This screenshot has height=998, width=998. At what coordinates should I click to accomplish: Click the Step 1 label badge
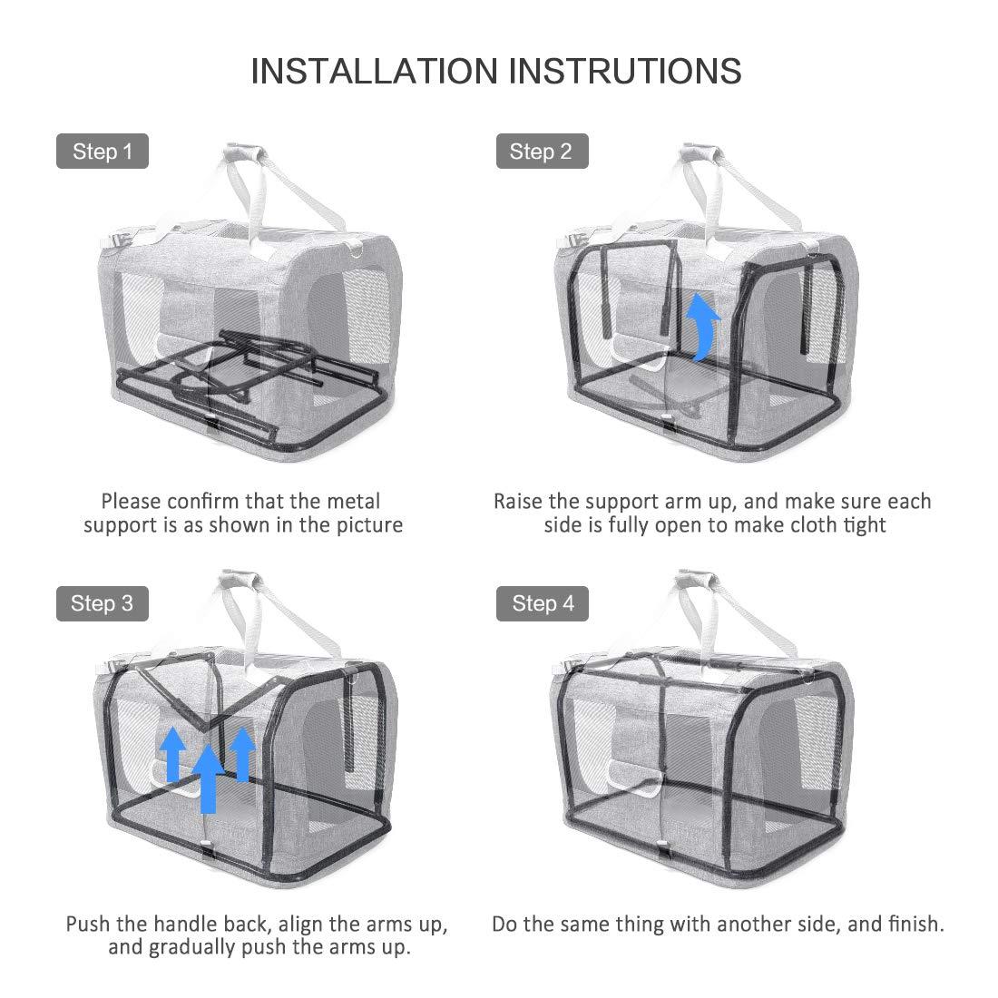102,152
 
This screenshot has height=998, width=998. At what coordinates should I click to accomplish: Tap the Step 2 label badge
542,152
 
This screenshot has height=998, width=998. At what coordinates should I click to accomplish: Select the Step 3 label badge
102,603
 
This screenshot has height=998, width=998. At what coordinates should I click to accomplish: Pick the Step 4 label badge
543,603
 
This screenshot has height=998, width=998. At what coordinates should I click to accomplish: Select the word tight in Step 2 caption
861,525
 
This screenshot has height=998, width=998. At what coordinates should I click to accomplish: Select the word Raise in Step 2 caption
518,501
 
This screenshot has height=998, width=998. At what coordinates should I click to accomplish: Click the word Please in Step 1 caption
131,501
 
